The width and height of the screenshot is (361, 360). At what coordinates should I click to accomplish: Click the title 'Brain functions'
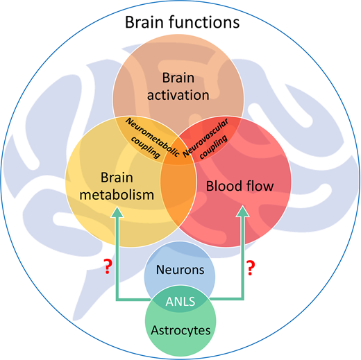182,22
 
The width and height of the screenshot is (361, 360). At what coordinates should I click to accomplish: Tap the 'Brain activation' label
178,87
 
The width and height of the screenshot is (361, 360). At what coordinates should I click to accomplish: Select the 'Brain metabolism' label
117,187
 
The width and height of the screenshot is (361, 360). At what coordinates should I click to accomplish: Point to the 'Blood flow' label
240,186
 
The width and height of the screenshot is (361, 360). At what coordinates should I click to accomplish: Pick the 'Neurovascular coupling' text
206,139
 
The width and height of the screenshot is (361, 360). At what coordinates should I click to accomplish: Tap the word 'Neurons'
180,270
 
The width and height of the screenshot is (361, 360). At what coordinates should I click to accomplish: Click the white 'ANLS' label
180,302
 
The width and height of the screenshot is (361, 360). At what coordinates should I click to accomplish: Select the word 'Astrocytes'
180,330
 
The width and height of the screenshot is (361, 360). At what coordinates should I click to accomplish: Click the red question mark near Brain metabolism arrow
108,266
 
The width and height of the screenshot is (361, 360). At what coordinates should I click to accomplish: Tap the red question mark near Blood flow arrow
251,268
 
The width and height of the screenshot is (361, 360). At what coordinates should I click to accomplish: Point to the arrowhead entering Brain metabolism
117,212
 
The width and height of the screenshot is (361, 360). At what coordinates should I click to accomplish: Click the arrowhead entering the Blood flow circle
242,212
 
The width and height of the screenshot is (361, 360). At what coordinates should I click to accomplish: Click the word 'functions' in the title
204,22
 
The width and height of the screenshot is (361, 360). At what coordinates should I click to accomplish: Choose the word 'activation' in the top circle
178,95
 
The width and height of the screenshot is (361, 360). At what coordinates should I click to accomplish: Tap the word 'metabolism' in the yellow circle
117,195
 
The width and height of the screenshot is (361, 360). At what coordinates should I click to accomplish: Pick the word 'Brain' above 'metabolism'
117,178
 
